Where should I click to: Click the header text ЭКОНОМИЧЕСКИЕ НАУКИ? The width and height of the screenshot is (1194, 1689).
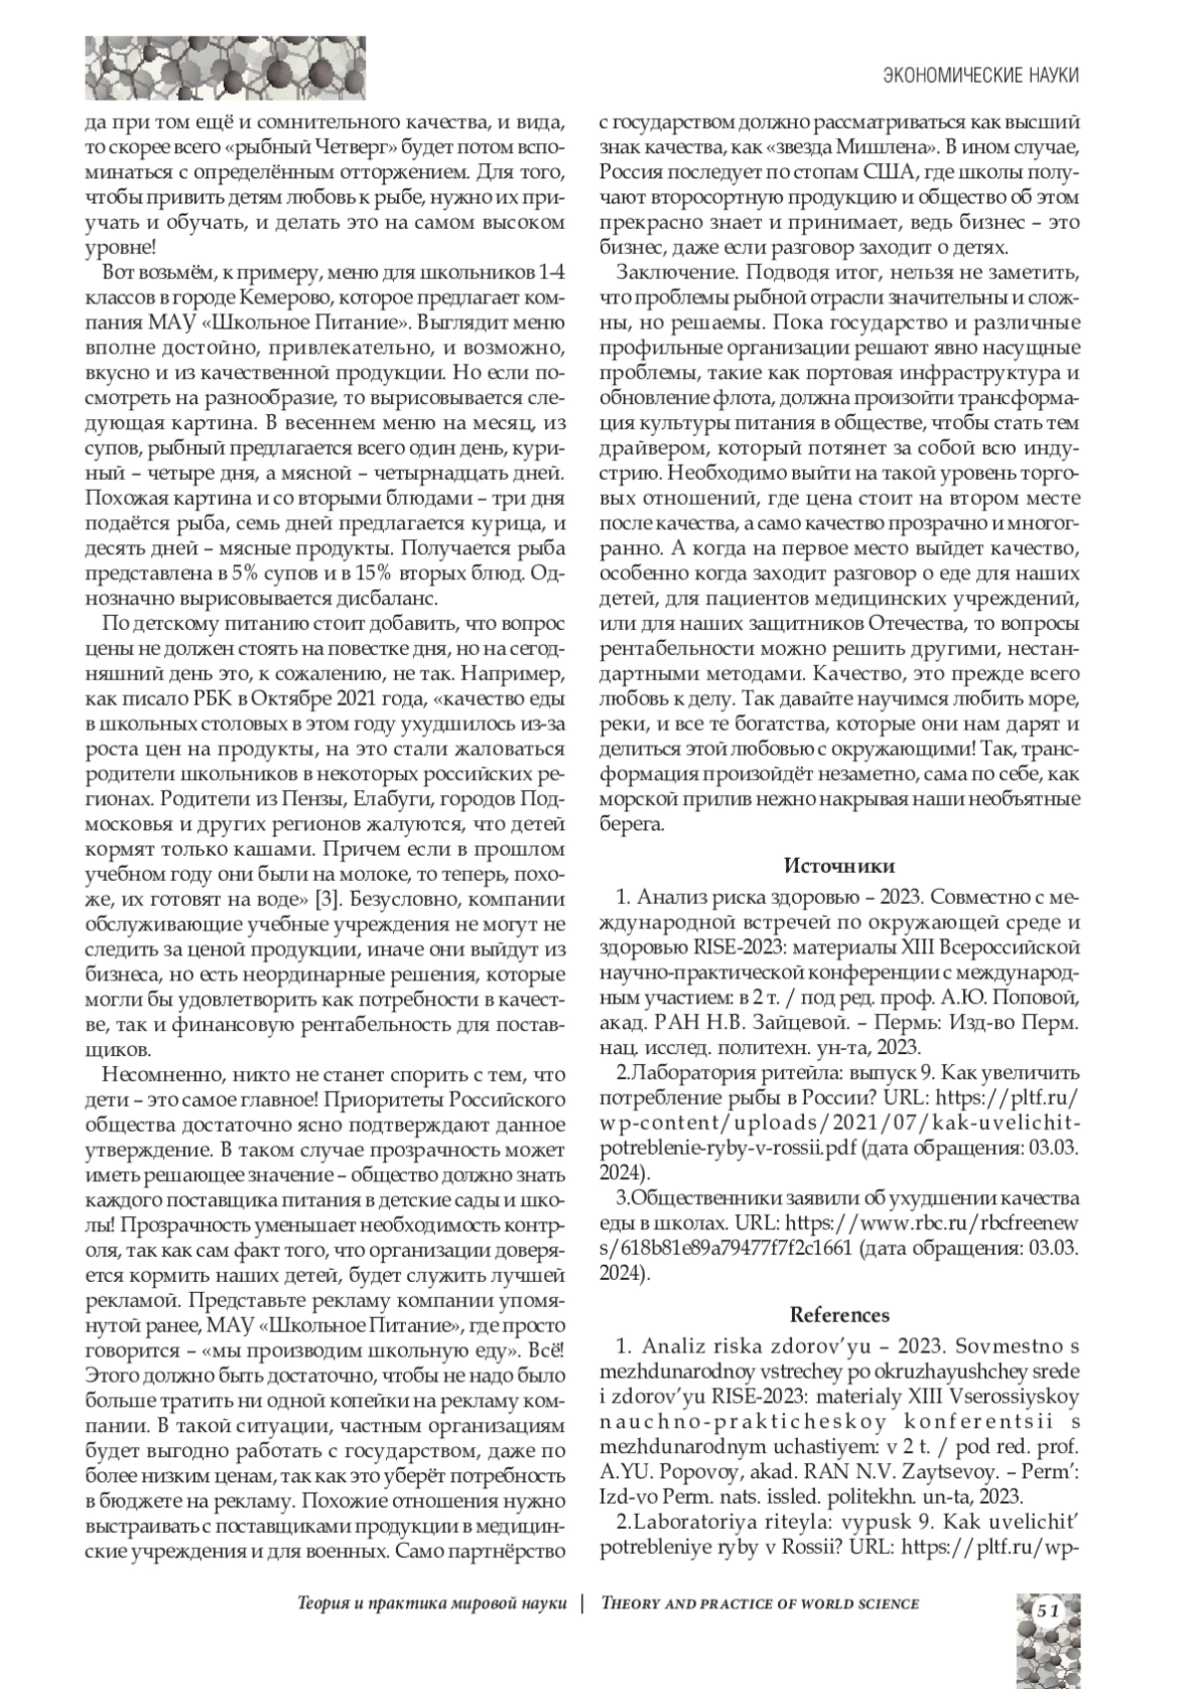coord(981,76)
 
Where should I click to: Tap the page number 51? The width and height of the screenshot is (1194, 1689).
coord(1047,1610)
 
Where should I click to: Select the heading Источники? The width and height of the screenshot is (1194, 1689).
coord(840,864)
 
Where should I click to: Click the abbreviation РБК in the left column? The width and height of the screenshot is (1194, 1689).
coord(210,695)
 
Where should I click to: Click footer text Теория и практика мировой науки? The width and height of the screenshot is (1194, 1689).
coord(432,1602)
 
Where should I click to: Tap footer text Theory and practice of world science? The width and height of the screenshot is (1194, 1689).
coord(760,1602)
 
